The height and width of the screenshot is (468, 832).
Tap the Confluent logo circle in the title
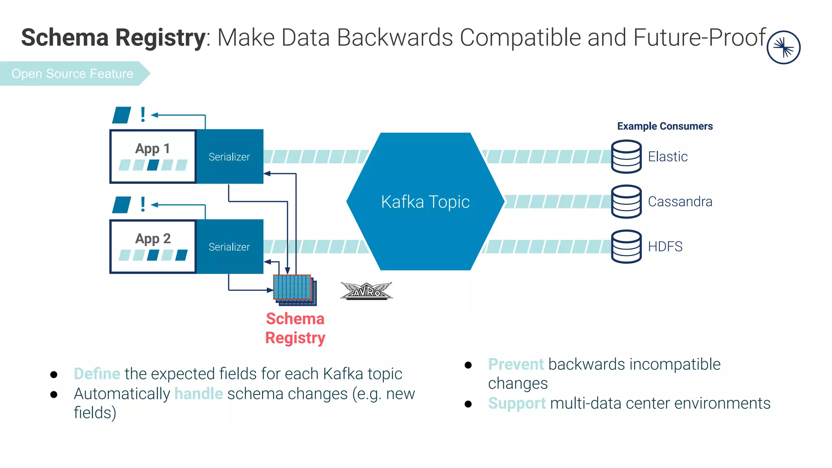point(783,48)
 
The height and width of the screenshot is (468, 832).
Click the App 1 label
point(152,149)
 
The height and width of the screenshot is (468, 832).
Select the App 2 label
point(153,239)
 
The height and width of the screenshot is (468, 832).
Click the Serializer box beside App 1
point(230,156)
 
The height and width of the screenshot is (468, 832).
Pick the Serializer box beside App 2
point(230,247)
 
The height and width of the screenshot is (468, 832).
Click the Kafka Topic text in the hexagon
point(425,202)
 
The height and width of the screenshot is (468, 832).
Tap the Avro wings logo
point(366,291)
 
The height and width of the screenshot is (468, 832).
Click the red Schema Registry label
point(295,328)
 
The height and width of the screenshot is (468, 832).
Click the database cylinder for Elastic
point(626,156)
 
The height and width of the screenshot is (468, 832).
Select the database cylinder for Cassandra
point(626,201)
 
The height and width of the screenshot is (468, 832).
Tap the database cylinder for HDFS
point(626,247)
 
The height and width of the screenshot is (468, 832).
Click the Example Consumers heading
point(665,126)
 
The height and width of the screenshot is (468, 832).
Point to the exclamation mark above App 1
point(143,115)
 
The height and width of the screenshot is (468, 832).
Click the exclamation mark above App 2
point(143,204)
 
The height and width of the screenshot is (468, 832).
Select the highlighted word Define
point(97,374)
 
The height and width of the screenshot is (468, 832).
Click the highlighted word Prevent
point(516,364)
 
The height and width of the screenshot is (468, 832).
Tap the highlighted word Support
point(517,404)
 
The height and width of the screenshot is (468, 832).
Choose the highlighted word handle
point(199,394)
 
